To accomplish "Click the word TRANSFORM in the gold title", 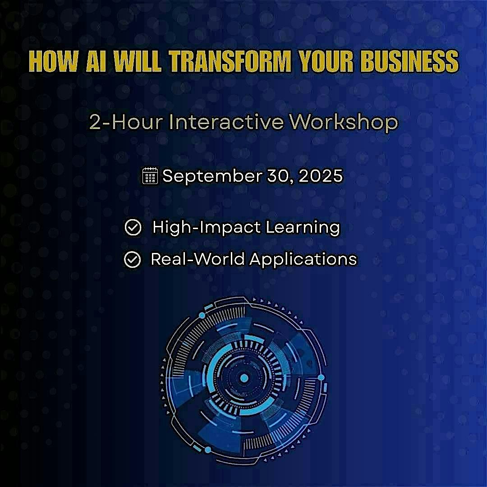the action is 230,61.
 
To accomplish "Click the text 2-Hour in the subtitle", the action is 126,122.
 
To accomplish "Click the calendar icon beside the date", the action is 150,176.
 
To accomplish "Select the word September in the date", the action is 212,176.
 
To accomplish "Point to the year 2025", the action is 320,176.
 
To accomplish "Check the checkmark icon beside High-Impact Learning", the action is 133,227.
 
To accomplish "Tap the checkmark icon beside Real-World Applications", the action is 132,260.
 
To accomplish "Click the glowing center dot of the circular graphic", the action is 244,378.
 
